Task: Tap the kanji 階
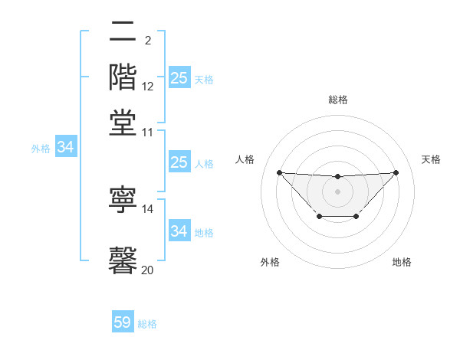(123, 79)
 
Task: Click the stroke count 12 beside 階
(148, 87)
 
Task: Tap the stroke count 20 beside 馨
(148, 270)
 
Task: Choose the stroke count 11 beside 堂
(148, 132)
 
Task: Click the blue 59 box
(123, 322)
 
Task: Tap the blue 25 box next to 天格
(179, 77)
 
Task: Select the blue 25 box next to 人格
(179, 162)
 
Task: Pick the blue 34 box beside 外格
(65, 148)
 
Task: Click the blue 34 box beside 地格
(179, 231)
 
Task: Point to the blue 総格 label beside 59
(147, 324)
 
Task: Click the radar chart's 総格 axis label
(338, 100)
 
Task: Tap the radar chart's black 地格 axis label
(402, 263)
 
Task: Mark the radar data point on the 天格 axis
(396, 172)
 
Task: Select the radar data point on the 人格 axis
(279, 172)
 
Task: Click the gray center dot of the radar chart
(337, 191)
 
